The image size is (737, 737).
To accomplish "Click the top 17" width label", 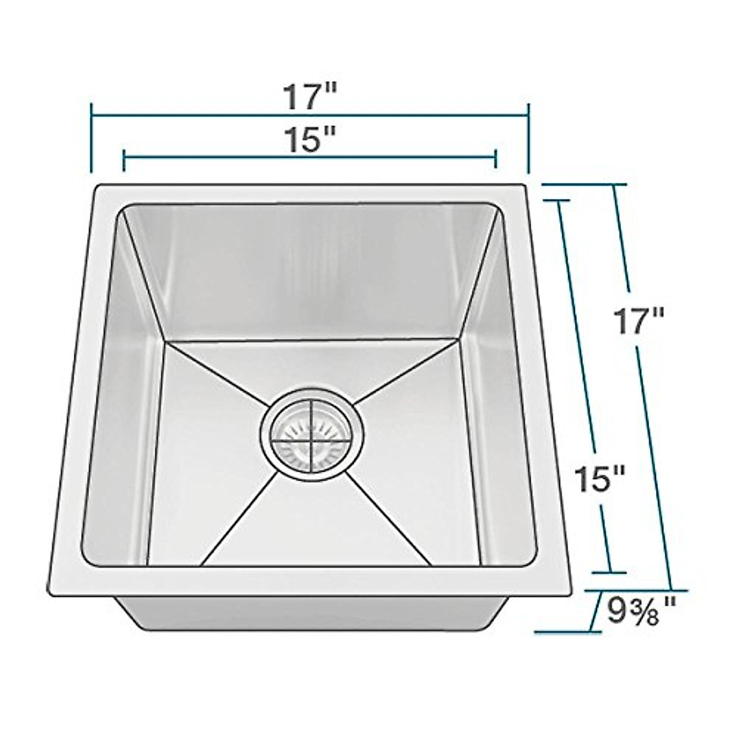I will [x=310, y=97].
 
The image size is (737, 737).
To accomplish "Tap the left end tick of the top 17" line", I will [x=92, y=139].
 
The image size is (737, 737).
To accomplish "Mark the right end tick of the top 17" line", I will [x=528, y=139].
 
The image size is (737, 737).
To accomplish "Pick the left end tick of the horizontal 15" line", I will [x=124, y=159].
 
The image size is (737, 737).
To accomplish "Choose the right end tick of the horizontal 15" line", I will [x=495, y=159].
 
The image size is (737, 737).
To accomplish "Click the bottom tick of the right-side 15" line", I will [x=610, y=572].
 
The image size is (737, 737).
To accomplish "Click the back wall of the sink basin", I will [x=310, y=270].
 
